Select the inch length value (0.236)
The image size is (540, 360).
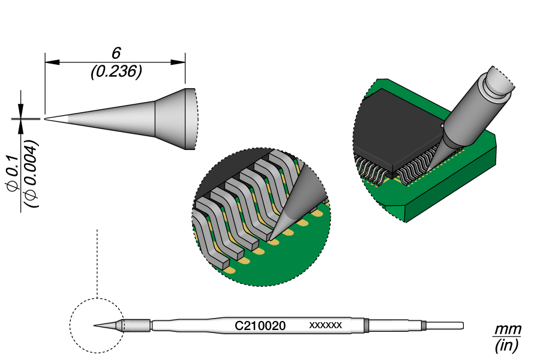click(x=116, y=72)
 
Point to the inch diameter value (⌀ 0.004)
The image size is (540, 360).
click(x=32, y=174)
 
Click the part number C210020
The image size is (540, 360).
click(x=260, y=326)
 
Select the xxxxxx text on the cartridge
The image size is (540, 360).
click(x=325, y=325)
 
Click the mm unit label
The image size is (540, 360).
click(x=508, y=330)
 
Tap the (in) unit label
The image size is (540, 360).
click(x=508, y=346)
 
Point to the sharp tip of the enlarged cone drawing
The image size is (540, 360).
click(x=46, y=119)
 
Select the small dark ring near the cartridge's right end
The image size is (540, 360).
click(x=424, y=326)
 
